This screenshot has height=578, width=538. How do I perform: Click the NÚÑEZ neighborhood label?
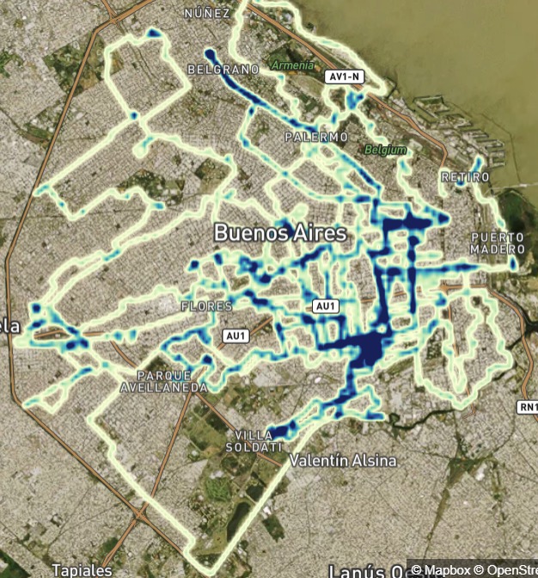point(207,14)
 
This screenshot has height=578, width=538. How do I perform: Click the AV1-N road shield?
point(345,77)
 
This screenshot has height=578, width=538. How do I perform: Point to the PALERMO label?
point(316,137)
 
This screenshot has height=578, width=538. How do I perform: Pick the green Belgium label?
point(385,150)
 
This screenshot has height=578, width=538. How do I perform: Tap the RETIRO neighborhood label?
point(464,176)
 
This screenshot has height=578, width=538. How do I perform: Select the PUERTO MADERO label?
point(496,243)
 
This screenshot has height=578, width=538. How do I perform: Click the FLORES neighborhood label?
point(206,306)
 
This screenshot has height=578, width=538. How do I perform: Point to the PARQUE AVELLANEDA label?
point(173,381)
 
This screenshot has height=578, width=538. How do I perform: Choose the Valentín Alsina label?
point(344,461)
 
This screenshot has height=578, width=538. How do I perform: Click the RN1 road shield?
point(527,406)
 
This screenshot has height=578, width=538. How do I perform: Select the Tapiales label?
point(81,569)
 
